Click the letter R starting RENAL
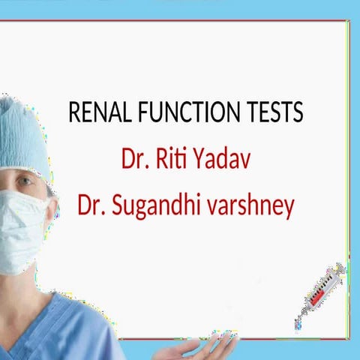(x=73, y=113)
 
